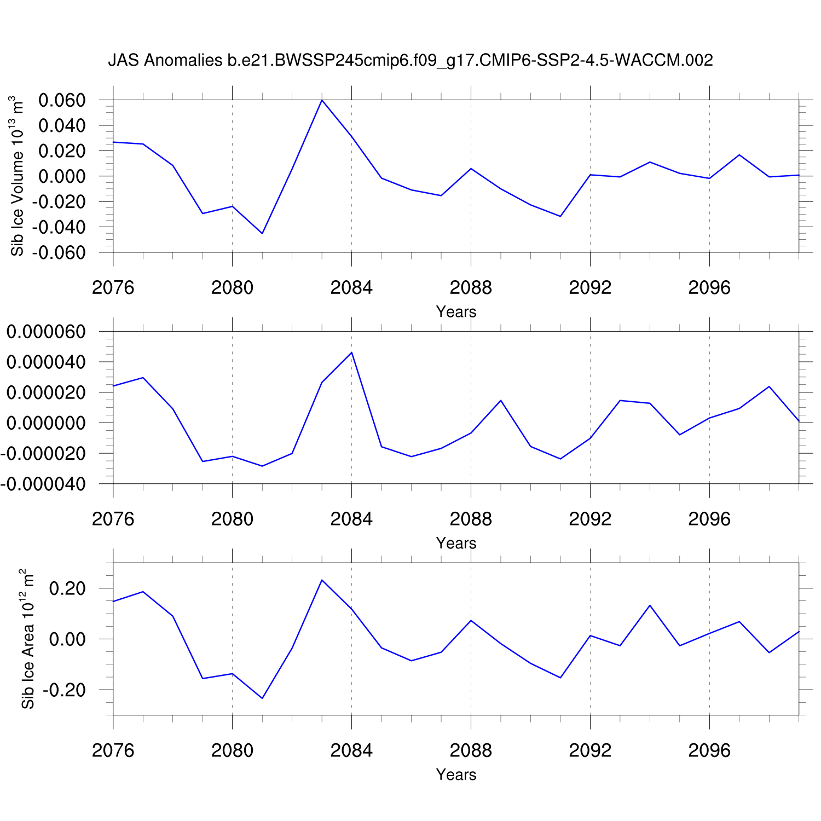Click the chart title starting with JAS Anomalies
[x=410, y=60]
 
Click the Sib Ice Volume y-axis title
[x=18, y=176]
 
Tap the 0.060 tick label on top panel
[x=62, y=100]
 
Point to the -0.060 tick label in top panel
[x=59, y=252]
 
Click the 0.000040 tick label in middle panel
[x=46, y=362]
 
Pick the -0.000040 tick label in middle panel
[x=43, y=484]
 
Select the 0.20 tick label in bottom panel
[x=67, y=588]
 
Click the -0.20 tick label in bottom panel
[x=64, y=690]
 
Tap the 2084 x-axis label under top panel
[x=351, y=288]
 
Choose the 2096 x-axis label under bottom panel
[x=709, y=750]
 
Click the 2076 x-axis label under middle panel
[x=113, y=519]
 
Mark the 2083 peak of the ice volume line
[x=322, y=100]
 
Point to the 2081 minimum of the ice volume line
[x=262, y=234]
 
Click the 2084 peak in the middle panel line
[x=351, y=352]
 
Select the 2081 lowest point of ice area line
[x=262, y=698]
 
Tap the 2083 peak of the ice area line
[x=322, y=580]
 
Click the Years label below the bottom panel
[x=456, y=774]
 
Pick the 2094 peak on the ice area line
[x=650, y=605]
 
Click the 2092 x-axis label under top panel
[x=590, y=288]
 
